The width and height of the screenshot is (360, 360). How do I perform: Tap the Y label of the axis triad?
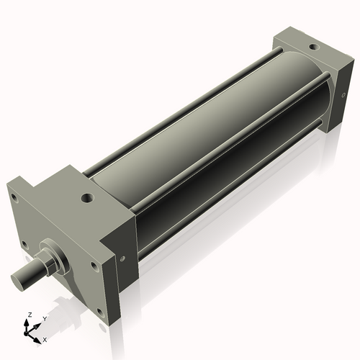click(44, 319)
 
